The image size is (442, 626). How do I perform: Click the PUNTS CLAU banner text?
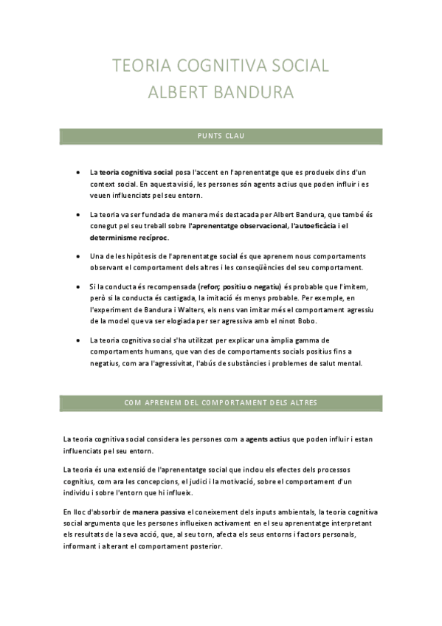[x=221, y=137]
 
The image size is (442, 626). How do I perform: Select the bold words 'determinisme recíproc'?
[x=128, y=238]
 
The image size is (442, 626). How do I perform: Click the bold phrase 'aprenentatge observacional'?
[x=240, y=225]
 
